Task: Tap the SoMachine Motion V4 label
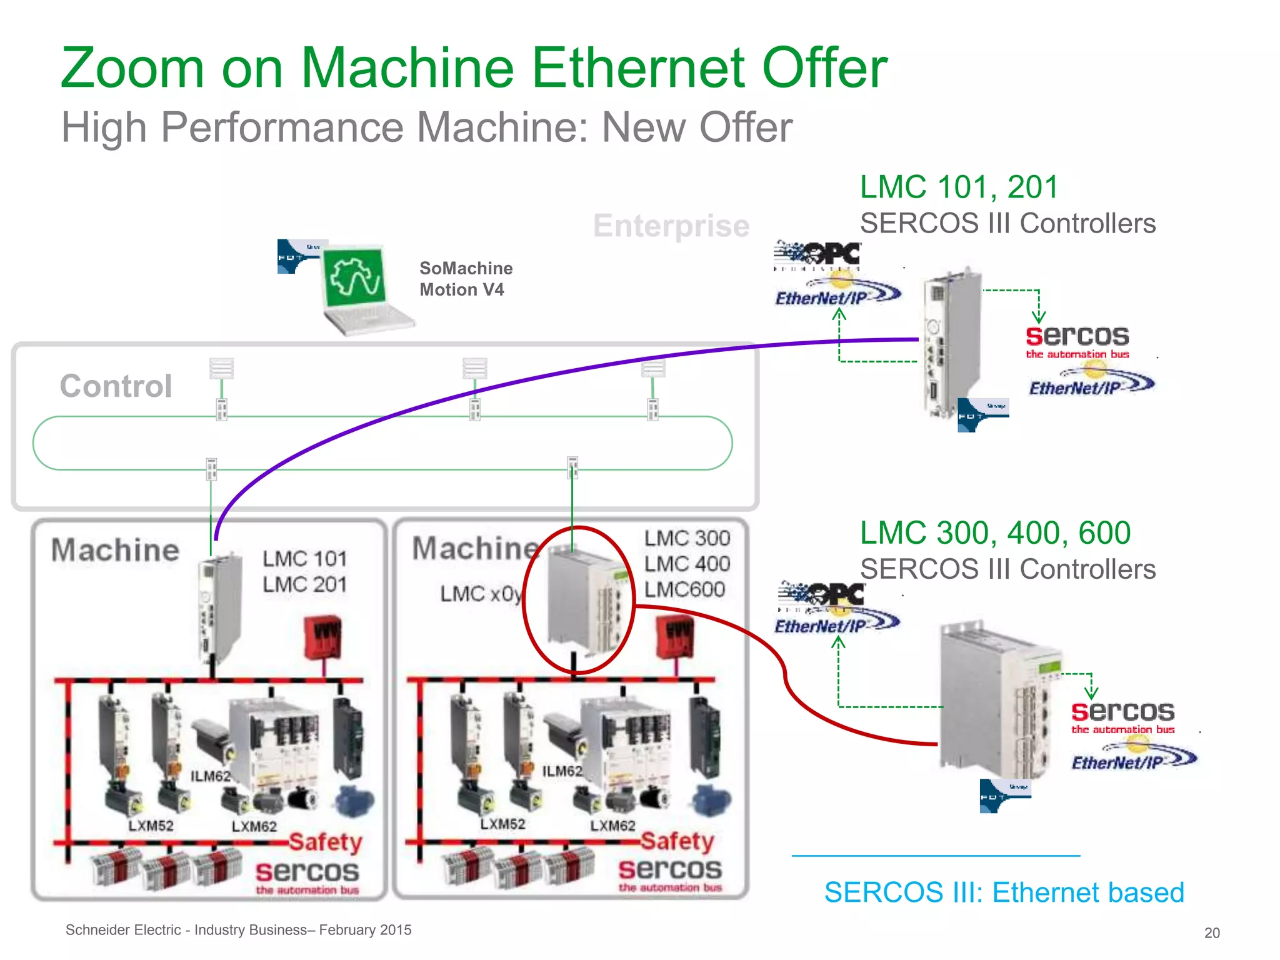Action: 466,279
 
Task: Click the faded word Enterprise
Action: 671,226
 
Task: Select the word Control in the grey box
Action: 116,386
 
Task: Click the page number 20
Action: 1211,932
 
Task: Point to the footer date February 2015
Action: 365,929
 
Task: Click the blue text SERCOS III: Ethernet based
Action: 1004,892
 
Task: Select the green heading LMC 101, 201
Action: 959,187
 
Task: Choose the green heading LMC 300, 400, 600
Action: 995,532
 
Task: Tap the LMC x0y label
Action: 481,593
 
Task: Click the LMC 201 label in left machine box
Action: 304,584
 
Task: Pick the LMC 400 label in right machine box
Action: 687,564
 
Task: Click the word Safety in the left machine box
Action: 326,841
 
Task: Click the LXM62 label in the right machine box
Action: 612,826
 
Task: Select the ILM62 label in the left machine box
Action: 210,776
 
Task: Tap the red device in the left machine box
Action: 322,637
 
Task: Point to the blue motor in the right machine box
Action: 712,801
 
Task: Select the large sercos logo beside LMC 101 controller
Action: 1077,337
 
